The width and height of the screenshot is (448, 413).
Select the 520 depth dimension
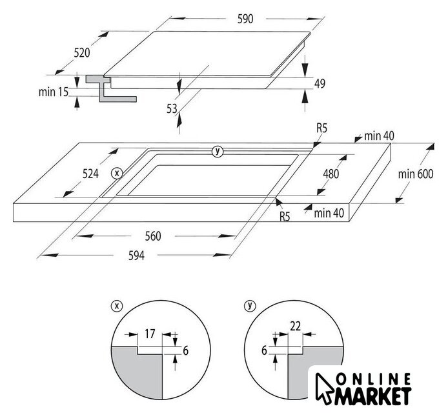[81, 53]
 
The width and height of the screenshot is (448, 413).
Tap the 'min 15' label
[53, 92]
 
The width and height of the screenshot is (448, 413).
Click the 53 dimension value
[172, 108]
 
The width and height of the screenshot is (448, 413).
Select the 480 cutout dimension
[331, 174]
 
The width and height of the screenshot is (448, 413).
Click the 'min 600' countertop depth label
[414, 174]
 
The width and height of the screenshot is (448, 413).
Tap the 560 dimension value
[152, 236]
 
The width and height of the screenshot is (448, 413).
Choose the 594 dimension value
[135, 256]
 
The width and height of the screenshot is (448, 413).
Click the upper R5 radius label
[321, 129]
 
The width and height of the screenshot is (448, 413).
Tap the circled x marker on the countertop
[116, 173]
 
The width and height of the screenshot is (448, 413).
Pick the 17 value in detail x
[149, 334]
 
